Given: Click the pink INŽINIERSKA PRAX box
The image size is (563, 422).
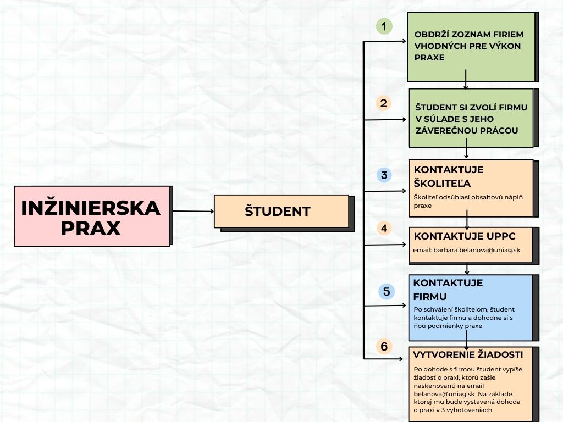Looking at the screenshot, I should [x=91, y=216].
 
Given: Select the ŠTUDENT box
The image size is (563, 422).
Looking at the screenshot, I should [x=281, y=212].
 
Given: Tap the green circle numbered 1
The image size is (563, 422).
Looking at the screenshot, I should [x=384, y=26].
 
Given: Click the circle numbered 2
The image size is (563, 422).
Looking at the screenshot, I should [x=384, y=103].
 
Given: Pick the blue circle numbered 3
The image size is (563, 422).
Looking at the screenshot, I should [x=384, y=176].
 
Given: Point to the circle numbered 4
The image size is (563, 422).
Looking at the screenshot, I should [x=384, y=227].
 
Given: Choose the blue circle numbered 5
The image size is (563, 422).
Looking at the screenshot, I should [x=387, y=291].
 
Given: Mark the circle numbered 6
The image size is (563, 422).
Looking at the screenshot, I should [x=384, y=346].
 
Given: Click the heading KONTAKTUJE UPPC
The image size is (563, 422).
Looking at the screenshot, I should [x=465, y=236].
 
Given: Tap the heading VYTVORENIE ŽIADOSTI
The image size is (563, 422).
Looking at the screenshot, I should [x=468, y=354].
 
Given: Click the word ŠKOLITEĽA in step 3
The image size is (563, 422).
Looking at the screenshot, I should [x=442, y=183].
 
